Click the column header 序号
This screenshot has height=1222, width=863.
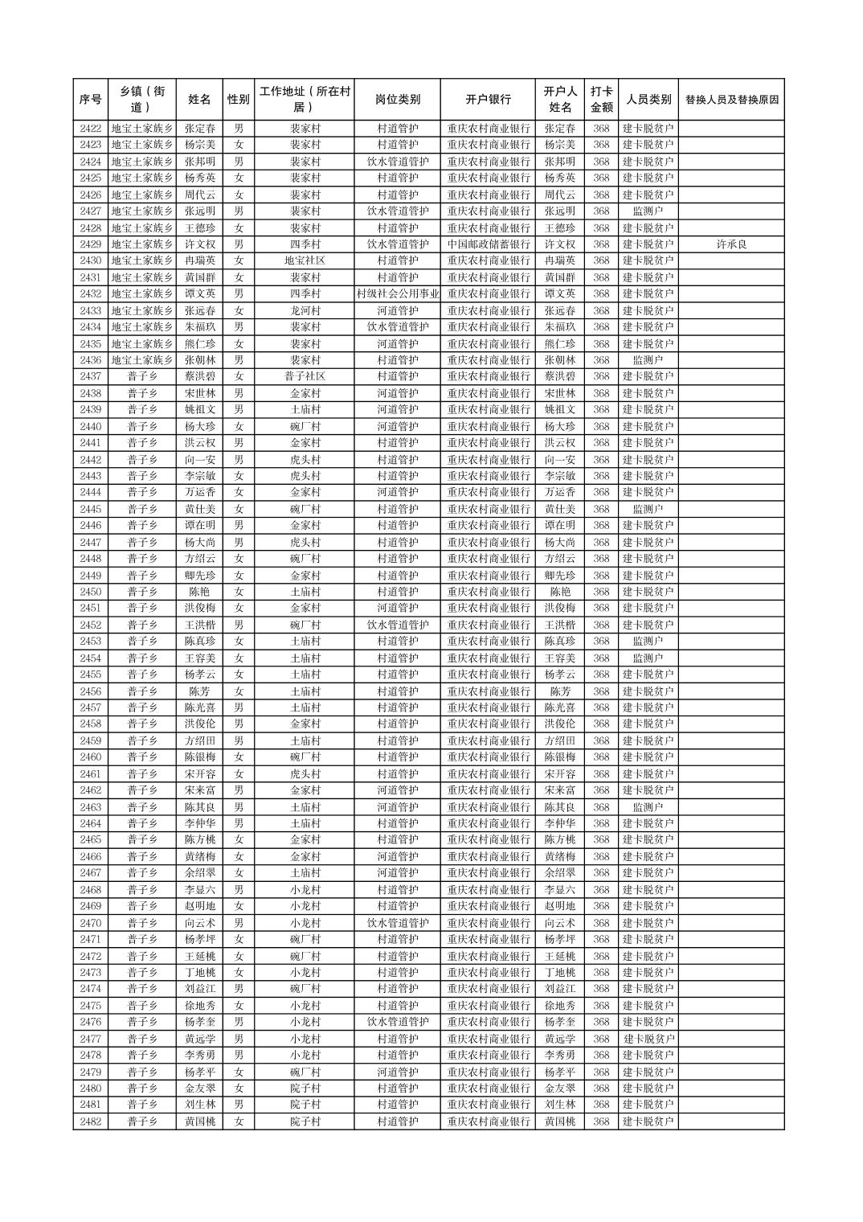tap(91, 100)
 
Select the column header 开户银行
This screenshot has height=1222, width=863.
tap(488, 100)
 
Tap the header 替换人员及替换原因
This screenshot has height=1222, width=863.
tap(731, 100)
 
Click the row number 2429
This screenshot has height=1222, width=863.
tap(91, 244)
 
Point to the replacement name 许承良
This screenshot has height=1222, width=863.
tap(731, 244)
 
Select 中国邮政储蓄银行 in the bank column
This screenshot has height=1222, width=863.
tap(488, 244)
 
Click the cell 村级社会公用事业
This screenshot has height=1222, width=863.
tap(397, 294)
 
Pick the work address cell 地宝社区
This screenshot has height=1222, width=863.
tap(305, 260)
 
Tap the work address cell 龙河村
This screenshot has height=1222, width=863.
tap(305, 310)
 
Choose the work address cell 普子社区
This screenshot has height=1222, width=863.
tap(305, 376)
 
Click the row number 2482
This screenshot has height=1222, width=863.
tap(91, 1122)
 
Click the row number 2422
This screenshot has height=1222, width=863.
tap(91, 129)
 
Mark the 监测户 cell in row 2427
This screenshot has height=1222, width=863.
tap(648, 211)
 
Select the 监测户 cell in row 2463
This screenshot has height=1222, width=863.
tap(648, 807)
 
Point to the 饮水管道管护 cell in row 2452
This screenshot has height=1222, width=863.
tap(397, 625)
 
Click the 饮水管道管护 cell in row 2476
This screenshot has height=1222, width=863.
tap(397, 1022)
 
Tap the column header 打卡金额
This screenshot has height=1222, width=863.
tap(601, 100)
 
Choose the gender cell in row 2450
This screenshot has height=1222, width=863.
tap(239, 592)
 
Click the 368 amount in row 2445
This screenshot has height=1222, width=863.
tap(601, 509)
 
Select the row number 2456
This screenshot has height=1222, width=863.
tap(91, 691)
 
